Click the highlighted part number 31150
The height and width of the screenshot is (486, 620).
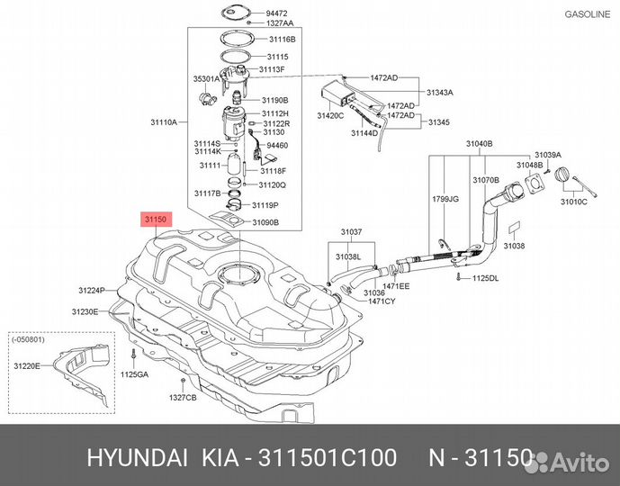tap(153, 219)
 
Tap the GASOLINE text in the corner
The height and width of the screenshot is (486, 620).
tap(589, 13)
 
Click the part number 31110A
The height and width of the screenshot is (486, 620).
tap(163, 121)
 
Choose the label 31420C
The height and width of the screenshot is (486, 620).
tap(330, 116)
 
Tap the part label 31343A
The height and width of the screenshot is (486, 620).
tap(440, 92)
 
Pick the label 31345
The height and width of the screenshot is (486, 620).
tap(438, 121)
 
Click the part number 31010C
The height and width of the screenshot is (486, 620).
tap(573, 202)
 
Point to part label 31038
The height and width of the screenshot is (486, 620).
tap(514, 245)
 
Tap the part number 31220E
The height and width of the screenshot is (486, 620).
tap(27, 366)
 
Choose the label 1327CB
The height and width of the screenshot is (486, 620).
tap(183, 397)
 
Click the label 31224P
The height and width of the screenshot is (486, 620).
tap(92, 290)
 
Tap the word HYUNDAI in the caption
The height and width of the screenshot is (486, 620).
tap(131, 458)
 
